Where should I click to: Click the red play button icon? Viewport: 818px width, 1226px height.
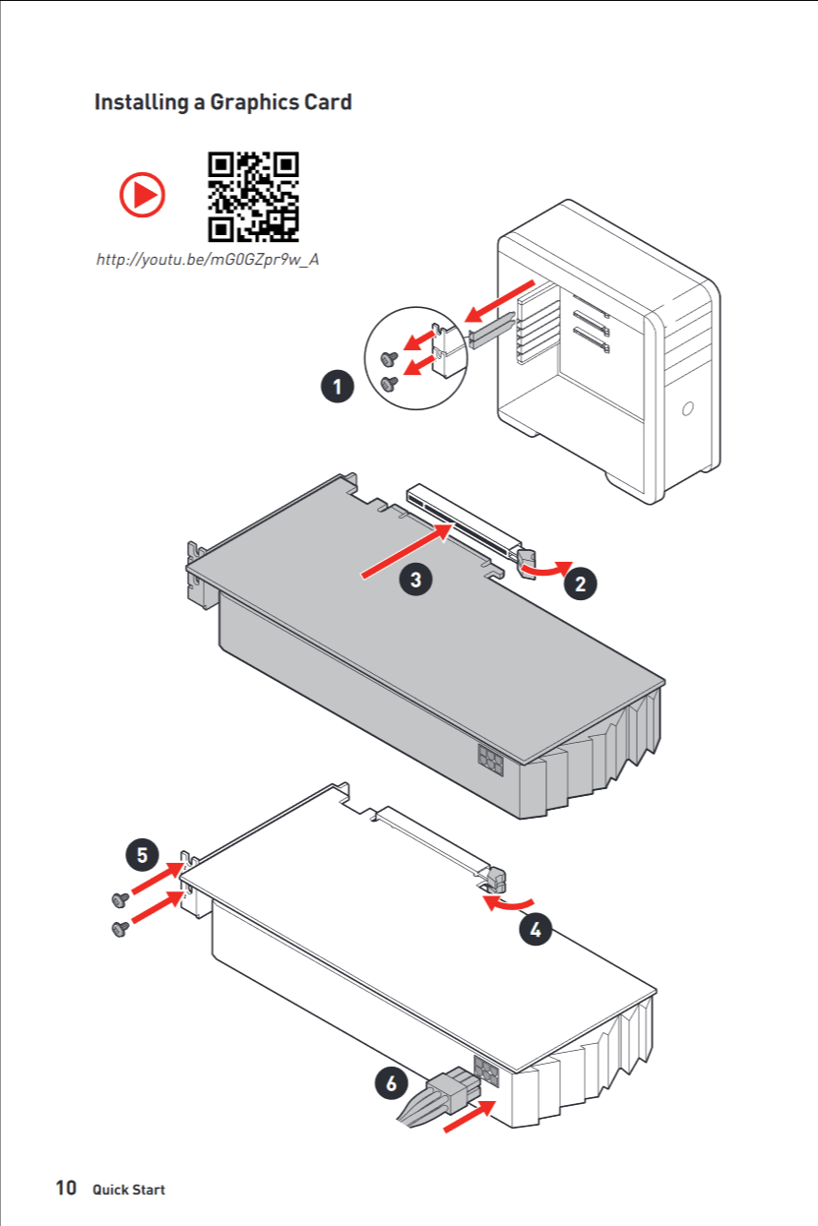pyautogui.click(x=143, y=194)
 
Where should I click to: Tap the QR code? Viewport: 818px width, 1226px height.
pyautogui.click(x=254, y=197)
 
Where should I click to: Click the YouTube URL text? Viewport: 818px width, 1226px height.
pyautogui.click(x=208, y=260)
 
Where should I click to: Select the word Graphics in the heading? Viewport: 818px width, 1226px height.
pyautogui.click(x=254, y=102)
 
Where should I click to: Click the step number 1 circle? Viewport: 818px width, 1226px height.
pyautogui.click(x=338, y=387)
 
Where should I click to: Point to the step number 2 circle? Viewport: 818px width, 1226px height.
pyautogui.click(x=581, y=583)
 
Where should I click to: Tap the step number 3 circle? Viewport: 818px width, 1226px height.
pyautogui.click(x=415, y=580)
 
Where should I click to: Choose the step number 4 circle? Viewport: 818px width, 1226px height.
pyautogui.click(x=535, y=929)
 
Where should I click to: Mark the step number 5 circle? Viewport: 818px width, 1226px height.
pyautogui.click(x=143, y=854)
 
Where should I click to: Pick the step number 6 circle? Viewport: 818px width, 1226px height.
pyautogui.click(x=391, y=1082)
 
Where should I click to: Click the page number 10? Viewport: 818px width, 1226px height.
pyautogui.click(x=66, y=1189)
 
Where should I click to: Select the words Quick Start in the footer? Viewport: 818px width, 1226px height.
pyautogui.click(x=129, y=1190)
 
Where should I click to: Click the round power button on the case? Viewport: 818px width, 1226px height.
pyautogui.click(x=688, y=408)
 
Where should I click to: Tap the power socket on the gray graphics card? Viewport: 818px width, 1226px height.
pyautogui.click(x=490, y=760)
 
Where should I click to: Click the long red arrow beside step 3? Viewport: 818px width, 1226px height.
pyautogui.click(x=408, y=551)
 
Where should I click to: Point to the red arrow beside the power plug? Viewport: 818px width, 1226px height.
pyautogui.click(x=470, y=1116)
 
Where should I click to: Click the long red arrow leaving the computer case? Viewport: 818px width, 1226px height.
pyautogui.click(x=499, y=301)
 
